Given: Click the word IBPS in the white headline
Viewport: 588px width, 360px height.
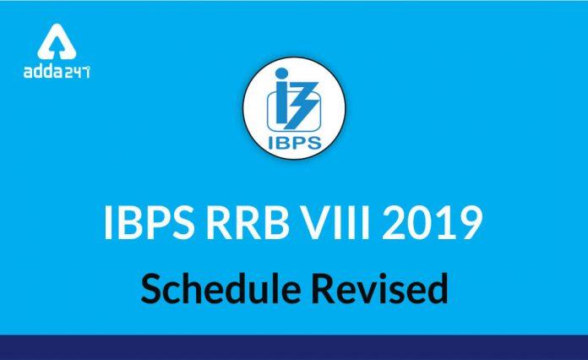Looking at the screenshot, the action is pyautogui.click(x=149, y=222).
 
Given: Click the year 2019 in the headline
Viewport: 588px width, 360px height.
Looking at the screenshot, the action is pyautogui.click(x=432, y=222).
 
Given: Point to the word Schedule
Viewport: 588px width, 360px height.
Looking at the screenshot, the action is pyautogui.click(x=220, y=288).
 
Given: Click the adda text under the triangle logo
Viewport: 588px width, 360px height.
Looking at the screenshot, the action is pyautogui.click(x=43, y=71).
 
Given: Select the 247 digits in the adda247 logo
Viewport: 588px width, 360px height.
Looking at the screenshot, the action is pyautogui.click(x=77, y=72).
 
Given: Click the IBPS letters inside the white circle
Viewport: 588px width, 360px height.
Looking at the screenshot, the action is pyautogui.click(x=295, y=143).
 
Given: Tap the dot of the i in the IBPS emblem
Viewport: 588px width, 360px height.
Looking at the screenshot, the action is pyautogui.click(x=281, y=74).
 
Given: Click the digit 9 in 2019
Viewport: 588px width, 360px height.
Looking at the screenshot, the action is pyautogui.click(x=471, y=222).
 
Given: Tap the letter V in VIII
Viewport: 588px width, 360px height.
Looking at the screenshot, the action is pyautogui.click(x=315, y=222).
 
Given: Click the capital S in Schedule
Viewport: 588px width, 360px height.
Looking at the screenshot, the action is pyautogui.click(x=150, y=288).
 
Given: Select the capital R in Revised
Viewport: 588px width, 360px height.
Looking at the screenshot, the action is pyautogui.click(x=323, y=288).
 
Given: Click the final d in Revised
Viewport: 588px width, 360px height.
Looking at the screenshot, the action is pyautogui.click(x=438, y=288).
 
